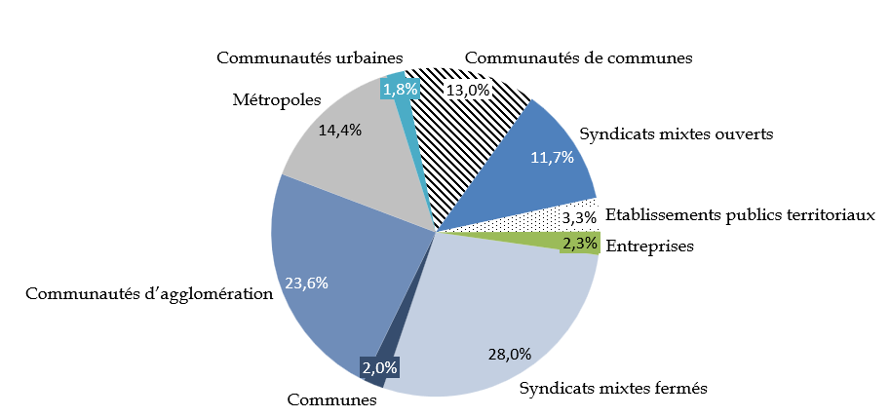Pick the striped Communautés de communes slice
click(458, 146)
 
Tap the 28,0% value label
click(509, 354)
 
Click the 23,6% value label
click(306, 284)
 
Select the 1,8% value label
click(401, 90)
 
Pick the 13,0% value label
click(468, 90)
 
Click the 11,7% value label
click(551, 158)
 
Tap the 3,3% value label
click(579, 218)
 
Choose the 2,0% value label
click(379, 368)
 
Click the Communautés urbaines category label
click(310, 57)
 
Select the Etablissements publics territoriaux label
click(740, 215)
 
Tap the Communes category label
click(331, 399)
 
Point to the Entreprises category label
click(649, 246)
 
